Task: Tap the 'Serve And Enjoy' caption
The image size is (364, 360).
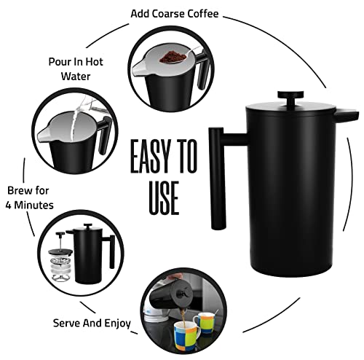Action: [x=92, y=321]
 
